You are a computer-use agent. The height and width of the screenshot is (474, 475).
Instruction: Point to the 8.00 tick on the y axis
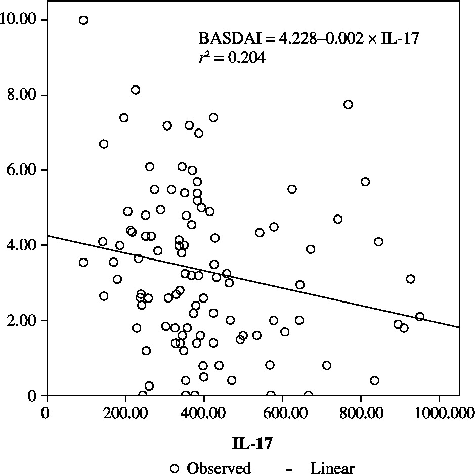21,95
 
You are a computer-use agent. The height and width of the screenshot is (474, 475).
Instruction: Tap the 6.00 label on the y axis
21,170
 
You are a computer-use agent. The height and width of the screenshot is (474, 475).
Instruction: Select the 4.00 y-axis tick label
21,245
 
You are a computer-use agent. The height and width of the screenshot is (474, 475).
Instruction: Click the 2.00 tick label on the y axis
21,320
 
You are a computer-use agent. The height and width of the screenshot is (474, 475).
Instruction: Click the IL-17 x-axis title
252,444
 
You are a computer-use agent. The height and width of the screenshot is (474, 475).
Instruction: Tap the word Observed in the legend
219,468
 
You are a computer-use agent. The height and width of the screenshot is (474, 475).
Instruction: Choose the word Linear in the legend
332,468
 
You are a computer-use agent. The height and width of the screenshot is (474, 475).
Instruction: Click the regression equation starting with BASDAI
309,39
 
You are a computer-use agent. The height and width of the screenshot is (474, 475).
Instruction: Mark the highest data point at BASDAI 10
83,20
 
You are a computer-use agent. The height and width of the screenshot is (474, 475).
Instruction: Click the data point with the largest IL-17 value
420,317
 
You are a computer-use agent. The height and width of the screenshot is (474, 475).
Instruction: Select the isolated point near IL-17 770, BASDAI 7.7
348,105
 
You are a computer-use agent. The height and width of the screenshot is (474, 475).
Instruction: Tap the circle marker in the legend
175,468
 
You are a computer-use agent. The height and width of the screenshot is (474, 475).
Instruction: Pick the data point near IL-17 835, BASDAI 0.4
375,380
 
